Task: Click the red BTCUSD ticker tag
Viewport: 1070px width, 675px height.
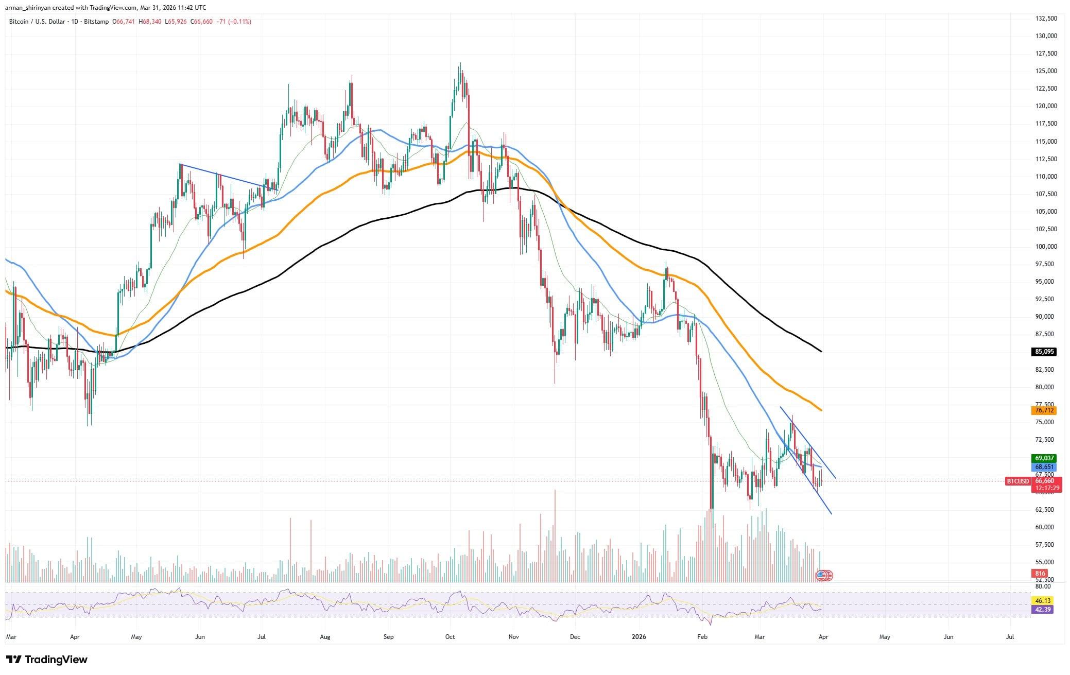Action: click(x=1017, y=481)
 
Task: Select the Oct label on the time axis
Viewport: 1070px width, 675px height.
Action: click(x=450, y=637)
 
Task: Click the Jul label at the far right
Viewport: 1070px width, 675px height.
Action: click(x=1010, y=637)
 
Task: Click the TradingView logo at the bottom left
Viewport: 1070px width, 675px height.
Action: click(x=47, y=660)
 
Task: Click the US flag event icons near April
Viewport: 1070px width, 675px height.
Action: click(x=824, y=576)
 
